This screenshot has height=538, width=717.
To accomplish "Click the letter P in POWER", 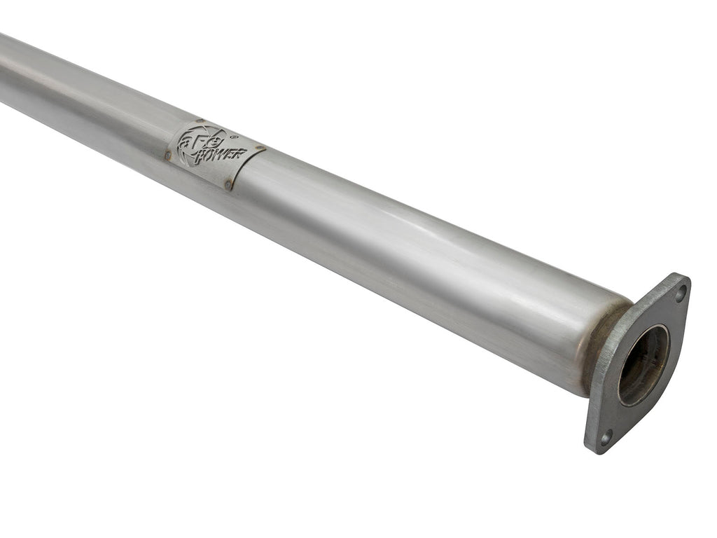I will click(197, 157).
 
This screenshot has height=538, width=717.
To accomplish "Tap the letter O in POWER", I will click(207, 156).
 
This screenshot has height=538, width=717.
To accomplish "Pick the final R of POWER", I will click(238, 153).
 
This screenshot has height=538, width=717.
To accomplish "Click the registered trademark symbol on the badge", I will click(234, 138).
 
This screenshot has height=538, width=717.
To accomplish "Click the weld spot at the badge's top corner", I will click(200, 121).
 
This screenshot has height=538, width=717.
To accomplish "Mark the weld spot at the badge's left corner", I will click(168, 155).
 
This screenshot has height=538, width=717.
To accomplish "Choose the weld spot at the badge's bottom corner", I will click(228, 185).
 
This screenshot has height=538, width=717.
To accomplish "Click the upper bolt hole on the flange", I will click(678, 294).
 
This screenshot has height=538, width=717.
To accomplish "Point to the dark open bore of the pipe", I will click(642, 364).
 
